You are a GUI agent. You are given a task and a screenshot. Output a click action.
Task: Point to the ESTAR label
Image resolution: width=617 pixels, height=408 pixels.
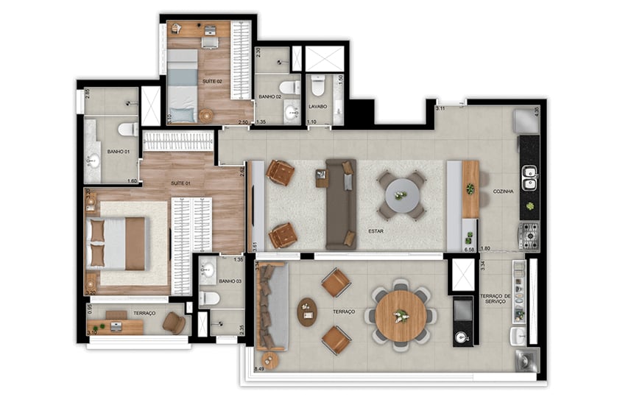[378, 231]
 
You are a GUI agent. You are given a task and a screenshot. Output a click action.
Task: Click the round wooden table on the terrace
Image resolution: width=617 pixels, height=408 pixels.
[401, 316]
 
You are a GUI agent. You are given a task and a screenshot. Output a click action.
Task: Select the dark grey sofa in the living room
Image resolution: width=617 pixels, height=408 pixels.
[341, 203]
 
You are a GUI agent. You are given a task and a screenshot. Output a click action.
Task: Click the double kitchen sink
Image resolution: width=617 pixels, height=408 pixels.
[529, 177]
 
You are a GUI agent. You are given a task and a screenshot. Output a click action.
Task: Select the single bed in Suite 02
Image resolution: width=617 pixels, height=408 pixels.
[182, 85]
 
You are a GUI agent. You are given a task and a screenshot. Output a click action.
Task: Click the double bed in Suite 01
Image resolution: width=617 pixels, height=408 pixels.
[116, 244]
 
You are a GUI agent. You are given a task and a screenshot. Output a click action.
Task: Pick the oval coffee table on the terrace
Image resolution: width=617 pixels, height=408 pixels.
[307, 312]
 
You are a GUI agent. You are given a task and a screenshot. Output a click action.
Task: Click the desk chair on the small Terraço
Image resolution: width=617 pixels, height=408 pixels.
[174, 323]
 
